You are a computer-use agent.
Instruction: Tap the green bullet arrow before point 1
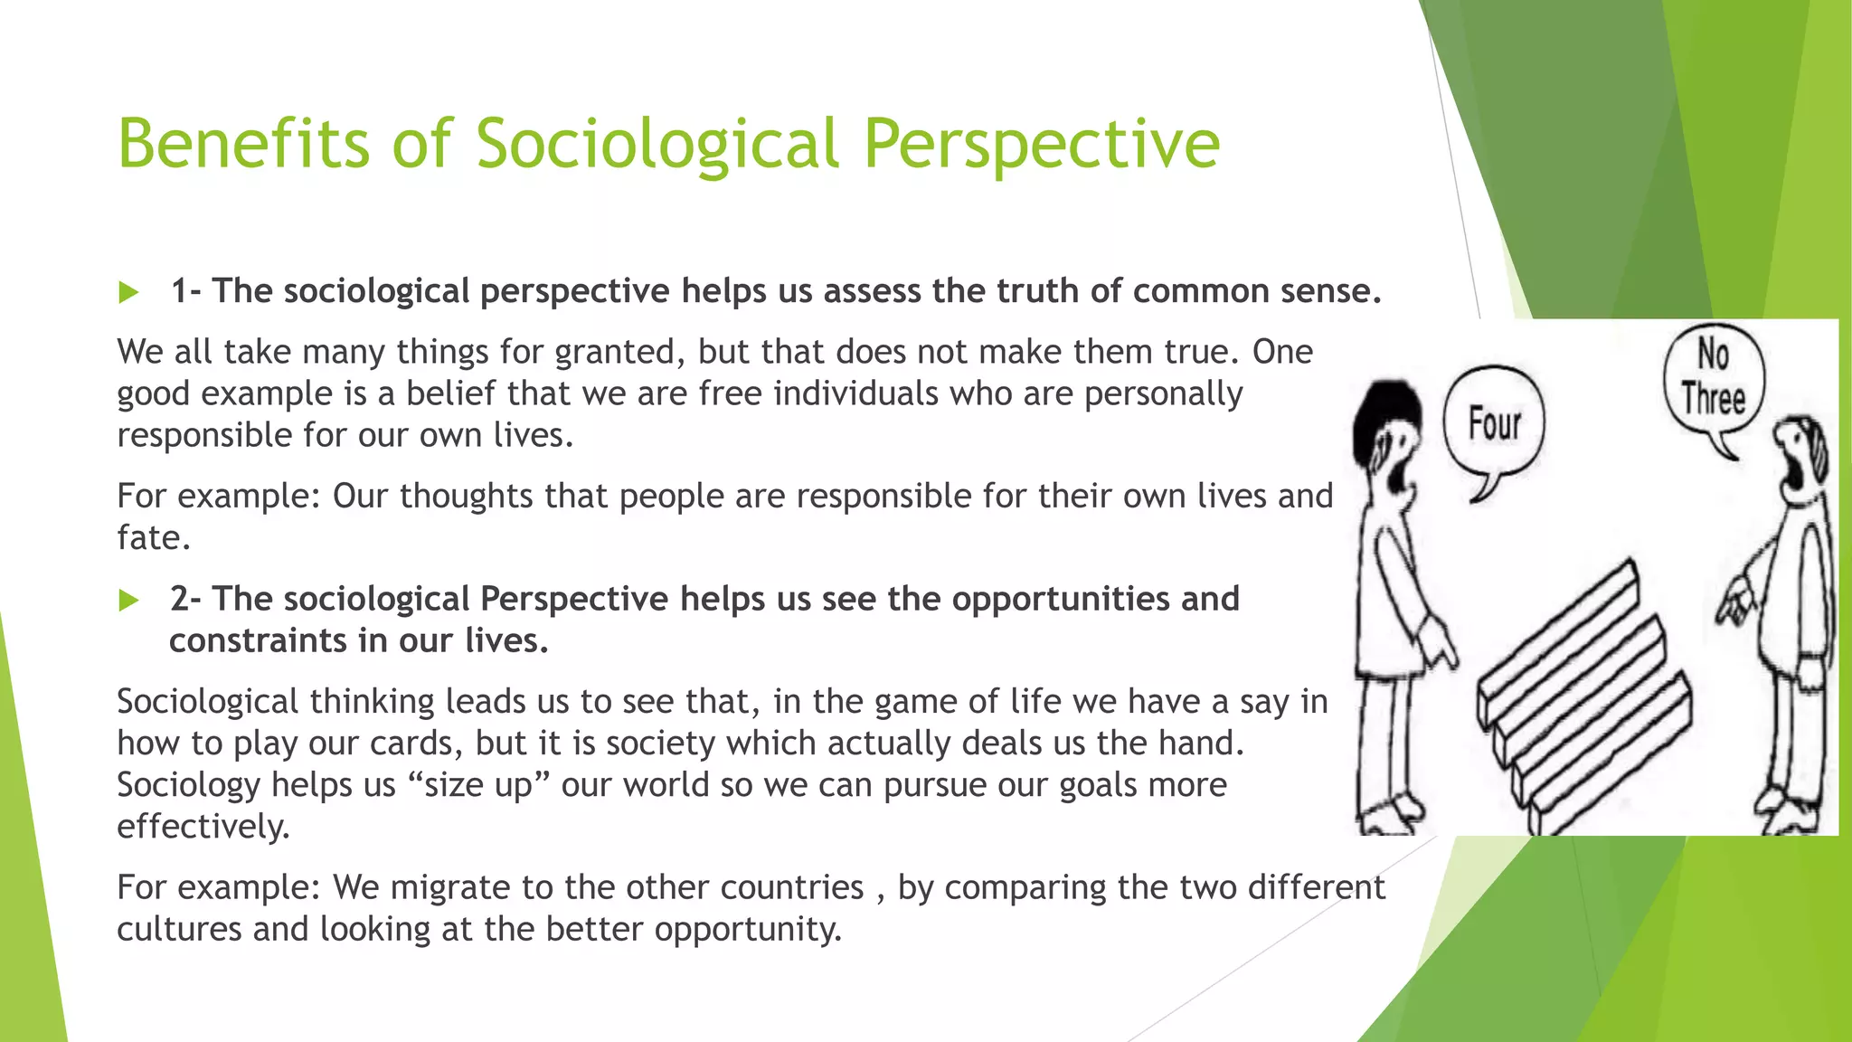coord(128,292)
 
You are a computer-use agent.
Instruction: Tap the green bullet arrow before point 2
coord(128,601)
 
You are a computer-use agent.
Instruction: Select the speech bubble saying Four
coord(1494,424)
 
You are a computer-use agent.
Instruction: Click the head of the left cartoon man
coord(1386,434)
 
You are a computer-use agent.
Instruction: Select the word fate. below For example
coord(154,538)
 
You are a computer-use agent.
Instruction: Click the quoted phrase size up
coord(478,785)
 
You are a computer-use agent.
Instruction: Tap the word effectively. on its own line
coord(203,827)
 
